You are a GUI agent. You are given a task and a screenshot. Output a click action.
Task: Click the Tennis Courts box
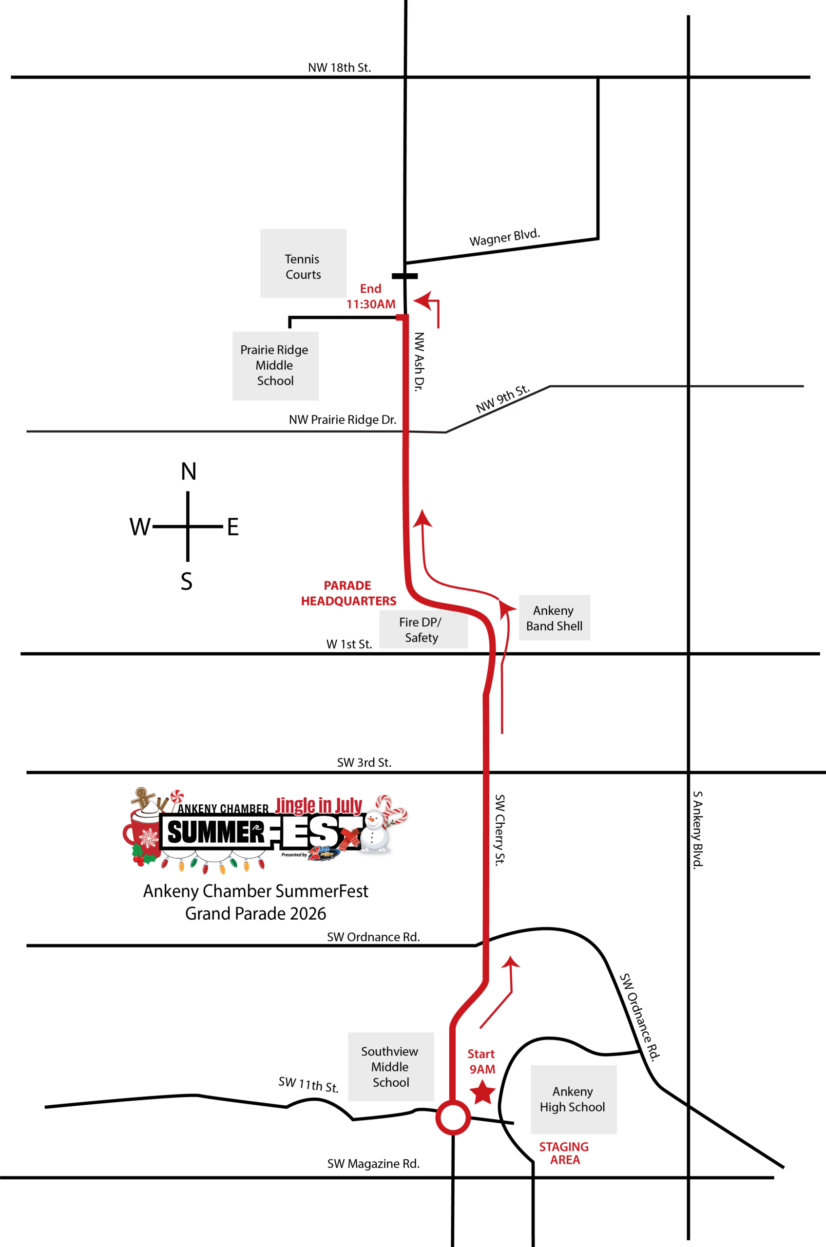point(303,264)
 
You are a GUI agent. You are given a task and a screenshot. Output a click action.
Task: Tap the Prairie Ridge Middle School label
point(275,365)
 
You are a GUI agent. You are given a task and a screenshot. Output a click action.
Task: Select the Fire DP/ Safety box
point(423,630)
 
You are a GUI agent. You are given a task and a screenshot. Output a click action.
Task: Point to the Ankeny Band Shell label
point(554,618)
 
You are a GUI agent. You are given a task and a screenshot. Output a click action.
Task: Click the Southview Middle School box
point(391,1066)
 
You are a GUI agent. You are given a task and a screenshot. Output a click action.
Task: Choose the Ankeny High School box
point(573,1099)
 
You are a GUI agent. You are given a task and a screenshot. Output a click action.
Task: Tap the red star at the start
point(482,1092)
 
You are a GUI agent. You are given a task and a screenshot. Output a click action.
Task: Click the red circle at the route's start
point(453,1117)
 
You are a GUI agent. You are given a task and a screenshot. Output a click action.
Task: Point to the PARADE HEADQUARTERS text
point(348,593)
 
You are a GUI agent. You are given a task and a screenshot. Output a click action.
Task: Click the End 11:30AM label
point(371,297)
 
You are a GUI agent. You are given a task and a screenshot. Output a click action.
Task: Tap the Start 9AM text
point(481,1061)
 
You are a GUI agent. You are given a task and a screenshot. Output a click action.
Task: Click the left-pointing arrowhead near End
point(423,300)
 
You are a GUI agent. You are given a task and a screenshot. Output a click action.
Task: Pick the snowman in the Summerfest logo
point(374,832)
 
